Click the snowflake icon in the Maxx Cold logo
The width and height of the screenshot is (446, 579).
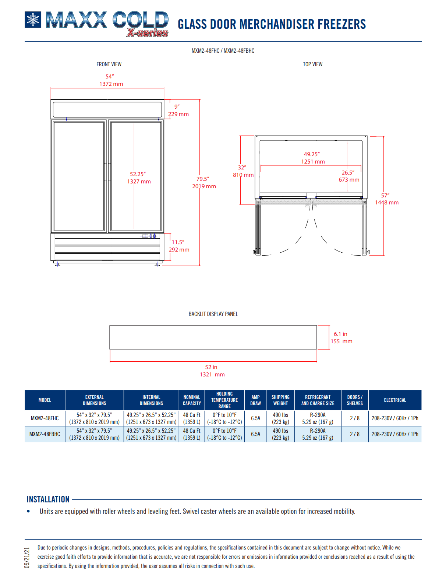(x=33, y=20)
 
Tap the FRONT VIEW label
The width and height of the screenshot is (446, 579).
(x=109, y=64)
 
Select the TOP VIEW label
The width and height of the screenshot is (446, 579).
(x=312, y=64)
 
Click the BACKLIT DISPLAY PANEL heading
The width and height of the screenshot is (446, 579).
(x=213, y=314)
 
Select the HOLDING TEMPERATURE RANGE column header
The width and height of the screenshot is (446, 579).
(x=224, y=400)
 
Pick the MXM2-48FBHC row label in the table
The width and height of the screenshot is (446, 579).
(x=45, y=434)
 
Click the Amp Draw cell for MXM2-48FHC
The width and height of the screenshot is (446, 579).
(x=255, y=418)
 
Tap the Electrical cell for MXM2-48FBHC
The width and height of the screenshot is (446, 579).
(x=395, y=434)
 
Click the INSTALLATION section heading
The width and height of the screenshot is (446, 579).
(x=48, y=499)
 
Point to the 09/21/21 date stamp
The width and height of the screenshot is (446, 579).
(x=27, y=558)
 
